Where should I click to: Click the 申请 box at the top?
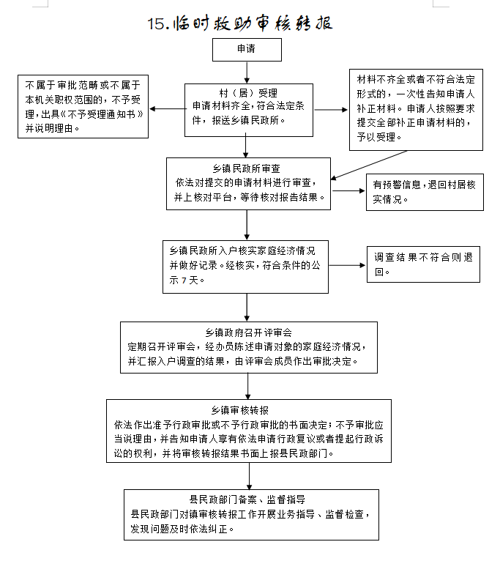tap(247, 50)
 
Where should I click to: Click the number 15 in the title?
tap(156, 24)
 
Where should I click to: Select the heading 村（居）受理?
tap(248, 94)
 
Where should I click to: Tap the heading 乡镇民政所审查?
tap(247, 168)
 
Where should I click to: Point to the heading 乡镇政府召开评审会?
tap(249, 332)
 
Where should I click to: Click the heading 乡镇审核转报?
tap(239, 410)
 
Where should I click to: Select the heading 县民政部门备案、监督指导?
tap(247, 499)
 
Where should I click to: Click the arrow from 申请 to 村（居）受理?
tap(247, 73)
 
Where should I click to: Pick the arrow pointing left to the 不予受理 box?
tap(167, 109)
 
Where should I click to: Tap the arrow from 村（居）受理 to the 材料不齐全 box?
tap(331, 109)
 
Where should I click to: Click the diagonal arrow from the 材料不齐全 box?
tap(369, 165)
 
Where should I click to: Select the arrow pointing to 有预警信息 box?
tap(348, 190)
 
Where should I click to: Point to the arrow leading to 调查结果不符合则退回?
tap(347, 265)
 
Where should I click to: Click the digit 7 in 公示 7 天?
tap(184, 280)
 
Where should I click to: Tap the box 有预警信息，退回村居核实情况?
tap(425, 192)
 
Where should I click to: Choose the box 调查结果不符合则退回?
tap(423, 264)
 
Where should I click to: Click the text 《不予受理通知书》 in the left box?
tap(102, 114)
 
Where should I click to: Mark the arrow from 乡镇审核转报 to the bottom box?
tap(250, 476)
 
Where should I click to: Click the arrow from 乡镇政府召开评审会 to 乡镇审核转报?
tap(248, 387)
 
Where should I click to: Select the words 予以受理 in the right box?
tap(376, 137)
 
